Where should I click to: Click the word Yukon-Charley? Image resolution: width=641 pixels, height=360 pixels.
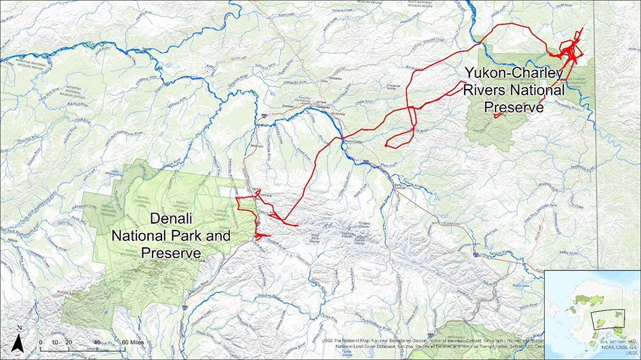pyautogui.click(x=513, y=74)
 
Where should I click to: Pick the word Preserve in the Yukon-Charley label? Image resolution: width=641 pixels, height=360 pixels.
pyautogui.click(x=514, y=106)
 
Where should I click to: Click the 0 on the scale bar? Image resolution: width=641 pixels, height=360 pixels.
pyautogui.click(x=40, y=342)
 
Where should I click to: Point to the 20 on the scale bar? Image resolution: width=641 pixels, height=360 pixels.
pyautogui.click(x=67, y=342)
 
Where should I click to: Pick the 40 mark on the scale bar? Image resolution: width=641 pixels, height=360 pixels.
pyautogui.click(x=96, y=342)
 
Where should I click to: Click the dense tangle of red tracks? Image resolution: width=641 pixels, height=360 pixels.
pyautogui.click(x=569, y=51)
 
